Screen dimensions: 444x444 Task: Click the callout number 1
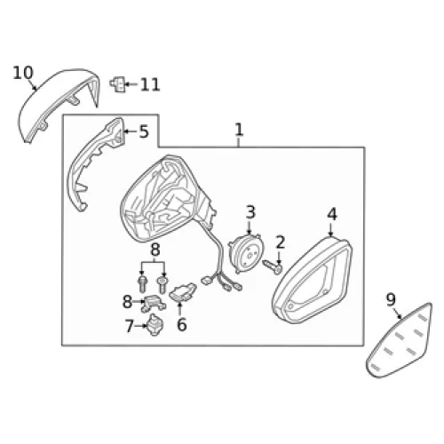(239, 130)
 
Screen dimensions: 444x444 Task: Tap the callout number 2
(280, 242)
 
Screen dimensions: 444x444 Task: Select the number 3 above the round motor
(250, 212)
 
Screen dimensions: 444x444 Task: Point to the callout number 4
(332, 214)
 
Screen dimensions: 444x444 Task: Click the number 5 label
(144, 131)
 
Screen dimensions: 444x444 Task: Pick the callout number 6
(181, 324)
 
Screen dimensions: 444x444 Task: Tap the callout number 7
(130, 326)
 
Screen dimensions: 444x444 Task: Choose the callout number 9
(391, 299)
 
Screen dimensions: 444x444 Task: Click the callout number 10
(23, 73)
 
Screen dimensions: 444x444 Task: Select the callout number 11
(150, 84)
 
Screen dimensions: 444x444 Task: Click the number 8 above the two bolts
(155, 250)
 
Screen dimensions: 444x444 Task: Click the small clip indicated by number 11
(117, 84)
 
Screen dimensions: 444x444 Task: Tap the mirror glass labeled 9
(400, 340)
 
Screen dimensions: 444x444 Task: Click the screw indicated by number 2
(273, 266)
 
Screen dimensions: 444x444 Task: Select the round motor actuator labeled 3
(246, 253)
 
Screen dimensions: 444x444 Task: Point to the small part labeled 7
(155, 324)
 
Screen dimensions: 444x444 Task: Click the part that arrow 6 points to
(183, 292)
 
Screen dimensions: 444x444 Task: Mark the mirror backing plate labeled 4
(312, 281)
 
